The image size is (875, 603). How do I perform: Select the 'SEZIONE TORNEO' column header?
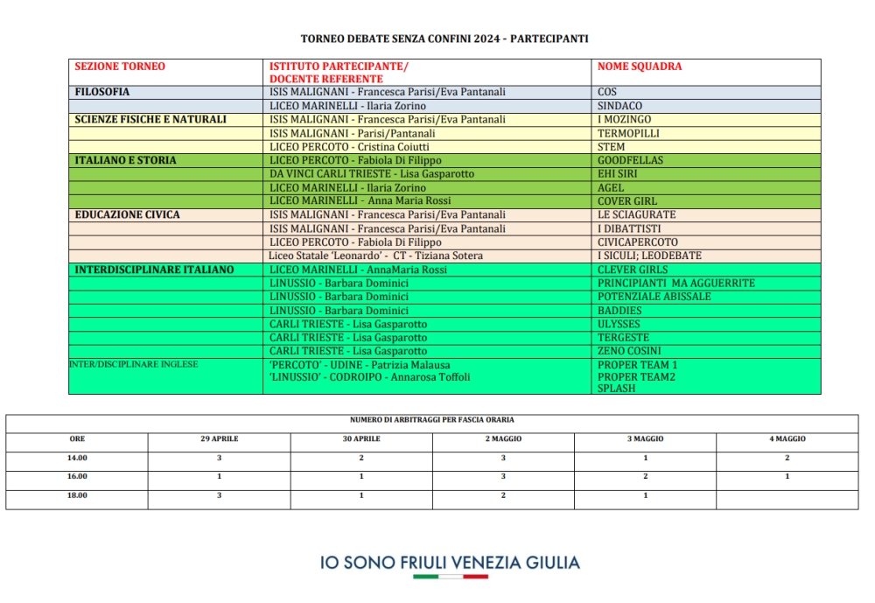(x=120, y=67)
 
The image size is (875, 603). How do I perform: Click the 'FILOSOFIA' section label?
(x=102, y=92)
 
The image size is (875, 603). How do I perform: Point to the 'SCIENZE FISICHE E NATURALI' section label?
(x=150, y=120)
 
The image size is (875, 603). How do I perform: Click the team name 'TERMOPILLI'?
(x=628, y=133)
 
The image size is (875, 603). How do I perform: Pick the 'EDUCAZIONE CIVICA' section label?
(x=128, y=214)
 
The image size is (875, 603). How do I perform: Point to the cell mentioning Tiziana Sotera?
(x=376, y=256)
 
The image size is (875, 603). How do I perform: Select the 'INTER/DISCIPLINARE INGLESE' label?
(x=133, y=365)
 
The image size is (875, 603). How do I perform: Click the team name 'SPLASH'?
(x=616, y=389)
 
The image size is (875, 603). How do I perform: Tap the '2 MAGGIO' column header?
(x=503, y=438)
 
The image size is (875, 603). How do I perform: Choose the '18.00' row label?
(x=77, y=495)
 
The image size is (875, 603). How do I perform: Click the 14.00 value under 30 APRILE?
(x=361, y=458)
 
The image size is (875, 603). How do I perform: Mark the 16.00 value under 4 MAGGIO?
(x=787, y=476)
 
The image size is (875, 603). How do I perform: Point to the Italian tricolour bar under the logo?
(x=450, y=577)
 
